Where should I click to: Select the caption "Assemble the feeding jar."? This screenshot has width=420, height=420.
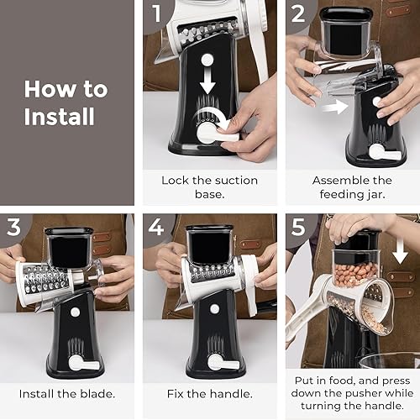pos(352,186)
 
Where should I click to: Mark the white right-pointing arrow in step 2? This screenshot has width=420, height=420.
pos(335,107)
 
